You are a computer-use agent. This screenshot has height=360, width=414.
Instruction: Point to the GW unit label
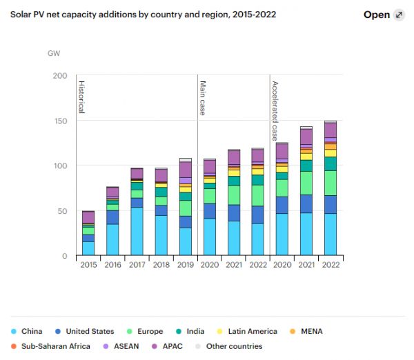click(x=54, y=53)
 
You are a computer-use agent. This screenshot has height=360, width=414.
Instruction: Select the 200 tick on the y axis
click(x=60, y=76)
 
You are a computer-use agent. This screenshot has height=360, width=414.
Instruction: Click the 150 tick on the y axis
click(x=60, y=121)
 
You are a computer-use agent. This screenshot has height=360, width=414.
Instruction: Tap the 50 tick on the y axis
click(x=62, y=211)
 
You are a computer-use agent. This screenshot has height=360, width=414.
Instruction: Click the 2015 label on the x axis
click(x=88, y=264)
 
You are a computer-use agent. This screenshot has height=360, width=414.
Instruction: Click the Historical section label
click(x=81, y=97)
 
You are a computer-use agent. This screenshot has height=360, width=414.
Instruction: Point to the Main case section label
click(x=203, y=97)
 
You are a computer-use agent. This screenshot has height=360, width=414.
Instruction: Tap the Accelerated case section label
click(x=275, y=110)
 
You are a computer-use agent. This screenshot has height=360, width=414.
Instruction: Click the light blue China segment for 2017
click(x=137, y=231)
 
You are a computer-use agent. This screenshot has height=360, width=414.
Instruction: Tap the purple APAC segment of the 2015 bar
click(x=88, y=217)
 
